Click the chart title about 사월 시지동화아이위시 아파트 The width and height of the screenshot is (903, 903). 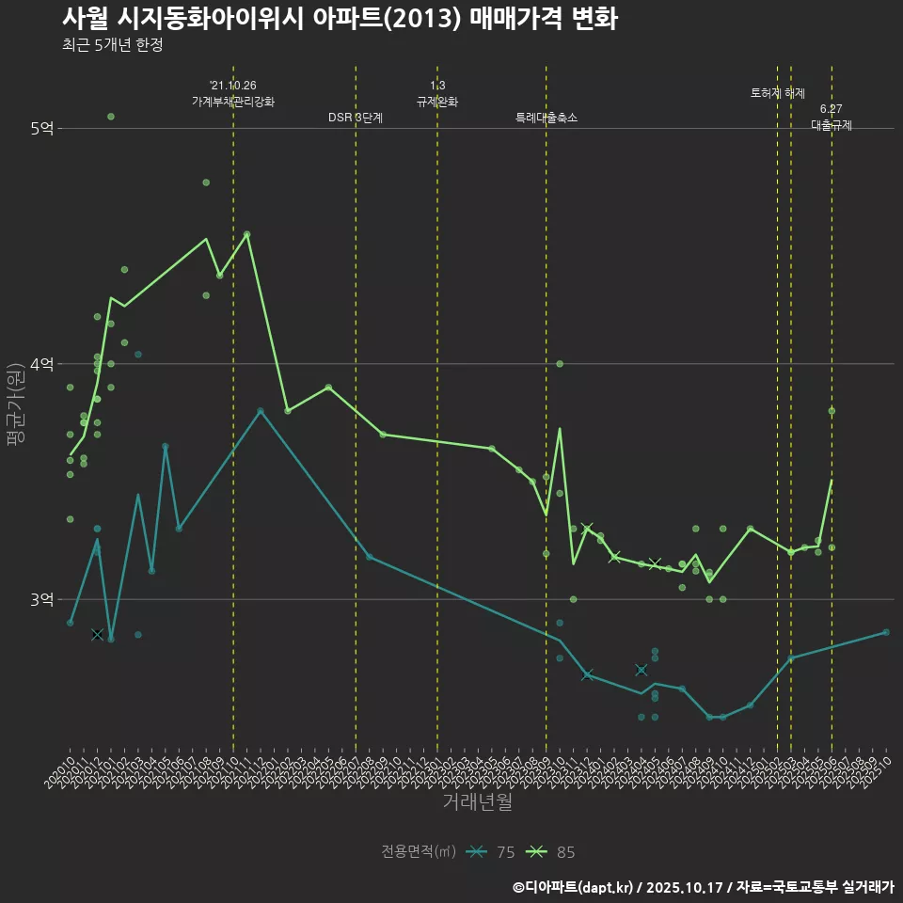coord(340,19)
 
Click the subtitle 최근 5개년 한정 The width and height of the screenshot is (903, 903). coord(113,45)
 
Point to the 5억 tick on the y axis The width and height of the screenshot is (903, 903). coord(41,129)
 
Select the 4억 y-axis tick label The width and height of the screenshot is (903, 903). coord(41,364)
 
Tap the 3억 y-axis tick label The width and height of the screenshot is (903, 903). coord(41,599)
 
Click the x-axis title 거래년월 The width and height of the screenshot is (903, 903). coord(478,801)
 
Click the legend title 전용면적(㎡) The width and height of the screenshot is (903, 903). coord(419,852)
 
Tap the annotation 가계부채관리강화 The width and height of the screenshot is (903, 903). coord(233,102)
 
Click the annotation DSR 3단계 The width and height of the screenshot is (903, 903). coord(356,118)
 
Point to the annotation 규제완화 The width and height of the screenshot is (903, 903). coord(437,102)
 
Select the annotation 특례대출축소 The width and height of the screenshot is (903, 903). coord(547,118)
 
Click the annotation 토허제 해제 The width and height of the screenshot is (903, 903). coord(778,93)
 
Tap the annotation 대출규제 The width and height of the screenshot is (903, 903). coord(832,125)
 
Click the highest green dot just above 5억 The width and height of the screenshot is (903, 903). coord(111,117)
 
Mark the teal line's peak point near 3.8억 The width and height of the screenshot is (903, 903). coord(261,411)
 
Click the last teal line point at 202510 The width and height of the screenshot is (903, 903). coord(886,632)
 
